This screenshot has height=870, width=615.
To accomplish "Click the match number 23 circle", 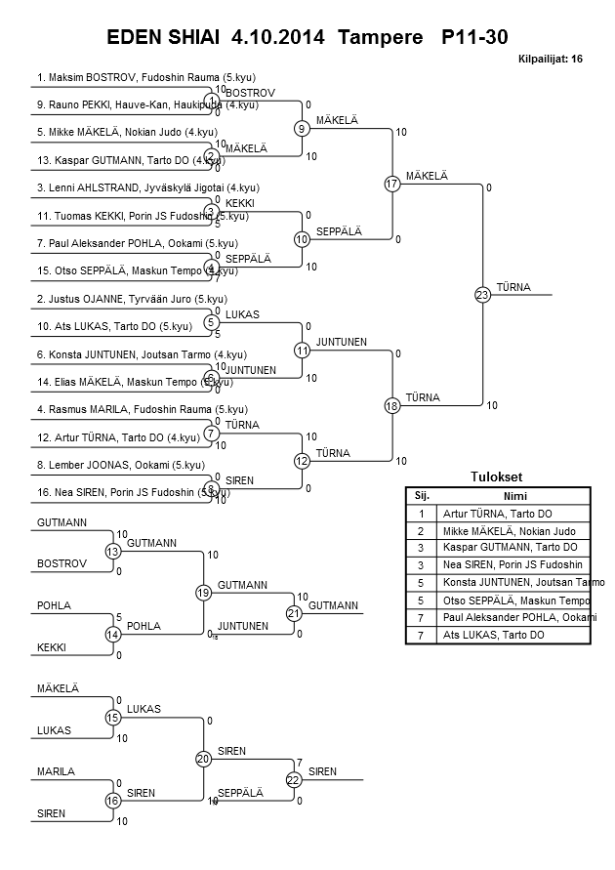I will [x=482, y=295].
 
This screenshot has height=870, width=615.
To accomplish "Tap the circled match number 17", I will [x=392, y=184].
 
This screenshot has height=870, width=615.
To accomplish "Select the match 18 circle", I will [x=392, y=405].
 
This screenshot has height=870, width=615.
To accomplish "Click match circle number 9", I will [x=303, y=128].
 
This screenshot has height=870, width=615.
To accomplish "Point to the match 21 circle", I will [x=293, y=613].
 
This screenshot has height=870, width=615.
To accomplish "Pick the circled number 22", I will [x=293, y=779].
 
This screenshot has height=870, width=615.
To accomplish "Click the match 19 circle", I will [x=203, y=593].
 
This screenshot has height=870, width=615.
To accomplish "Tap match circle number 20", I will [x=203, y=759].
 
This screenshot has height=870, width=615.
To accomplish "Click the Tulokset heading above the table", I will [x=497, y=476].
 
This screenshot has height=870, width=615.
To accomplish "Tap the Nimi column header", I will [x=514, y=495].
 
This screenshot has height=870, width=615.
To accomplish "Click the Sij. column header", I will [x=422, y=495].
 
